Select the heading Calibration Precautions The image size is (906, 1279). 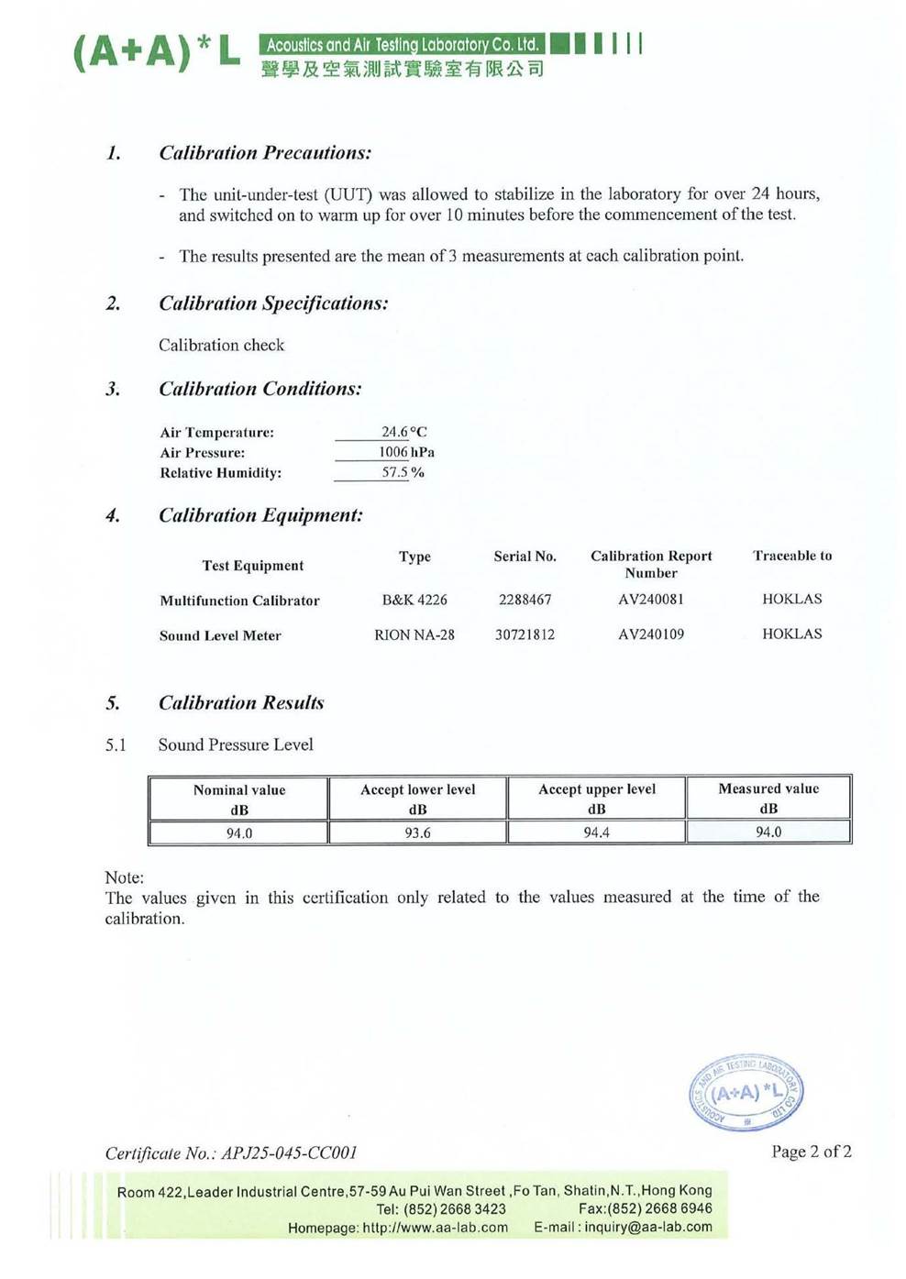pos(264,153)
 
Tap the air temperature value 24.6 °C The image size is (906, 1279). pos(403,432)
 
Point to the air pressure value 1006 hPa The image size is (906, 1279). pos(406,452)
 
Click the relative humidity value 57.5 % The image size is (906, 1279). pos(403,473)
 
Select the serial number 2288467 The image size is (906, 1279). pos(525,600)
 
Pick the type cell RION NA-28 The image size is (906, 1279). pos(414,634)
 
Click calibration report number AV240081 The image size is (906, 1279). pos(650,600)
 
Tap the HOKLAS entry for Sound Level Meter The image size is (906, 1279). pos(791,634)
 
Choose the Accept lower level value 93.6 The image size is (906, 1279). pos(417,832)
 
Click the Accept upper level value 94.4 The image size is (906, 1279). pos(596,832)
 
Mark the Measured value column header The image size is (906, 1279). pos(768,798)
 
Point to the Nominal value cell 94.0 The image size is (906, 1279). pos(239,833)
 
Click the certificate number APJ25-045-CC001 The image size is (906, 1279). pos(289,1153)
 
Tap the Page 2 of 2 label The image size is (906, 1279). pos(811,1152)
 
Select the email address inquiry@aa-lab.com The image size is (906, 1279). pos(647,1228)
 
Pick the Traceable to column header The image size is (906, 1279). pos(792,556)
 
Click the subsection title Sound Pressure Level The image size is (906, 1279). pos(235,744)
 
